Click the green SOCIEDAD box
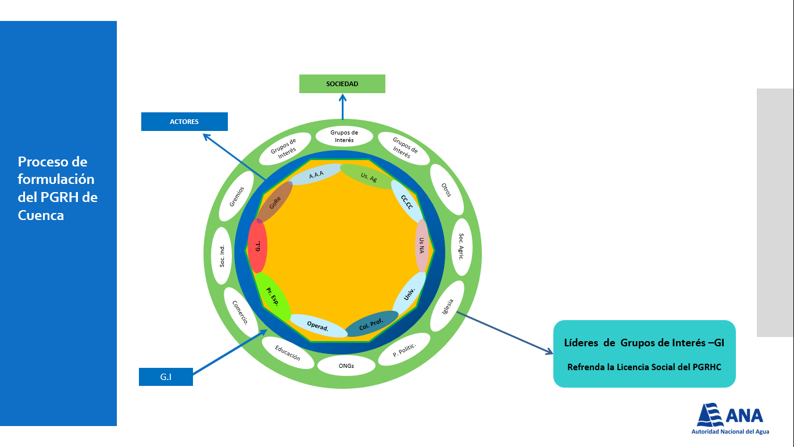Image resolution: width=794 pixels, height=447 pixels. coord(342,84)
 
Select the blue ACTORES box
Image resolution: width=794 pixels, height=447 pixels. coord(184,122)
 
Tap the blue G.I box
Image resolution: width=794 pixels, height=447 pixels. coord(166,377)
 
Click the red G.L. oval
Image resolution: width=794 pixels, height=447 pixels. coord(257,246)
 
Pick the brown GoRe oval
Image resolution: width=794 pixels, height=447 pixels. coord(275,203)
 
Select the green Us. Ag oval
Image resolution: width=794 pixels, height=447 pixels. coord(369,177)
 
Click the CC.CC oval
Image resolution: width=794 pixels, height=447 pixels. coord(407,201)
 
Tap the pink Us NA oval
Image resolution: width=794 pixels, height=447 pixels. coord(422,246)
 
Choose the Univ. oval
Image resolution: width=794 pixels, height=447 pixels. coord(409,293)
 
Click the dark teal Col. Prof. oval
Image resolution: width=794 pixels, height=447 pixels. coord(371,324)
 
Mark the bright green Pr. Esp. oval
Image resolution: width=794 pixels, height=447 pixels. coord(273,296)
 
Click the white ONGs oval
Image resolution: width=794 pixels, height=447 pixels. coord(346,366)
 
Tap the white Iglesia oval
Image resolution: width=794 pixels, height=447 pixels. coord(448,307)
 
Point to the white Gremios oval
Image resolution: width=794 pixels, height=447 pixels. coord(237,196)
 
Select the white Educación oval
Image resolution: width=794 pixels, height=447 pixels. coord(288,353)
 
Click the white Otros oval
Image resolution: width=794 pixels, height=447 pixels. coord(446,190)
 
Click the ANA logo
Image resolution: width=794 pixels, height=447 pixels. coord(730,418)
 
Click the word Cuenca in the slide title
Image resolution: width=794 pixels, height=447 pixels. coord(41,215)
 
